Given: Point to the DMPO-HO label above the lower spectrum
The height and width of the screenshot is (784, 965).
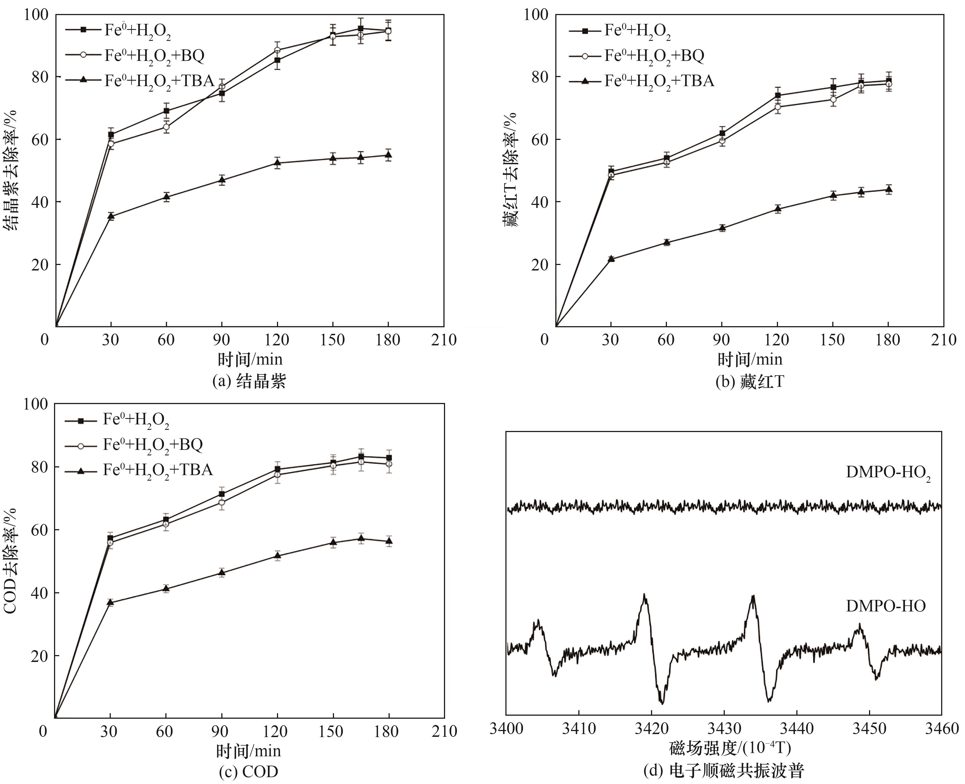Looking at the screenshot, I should tap(885, 606).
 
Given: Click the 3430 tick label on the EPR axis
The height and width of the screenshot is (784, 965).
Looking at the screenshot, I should tap(723, 729).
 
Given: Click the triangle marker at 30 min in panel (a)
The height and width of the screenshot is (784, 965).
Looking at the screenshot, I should tap(111, 216).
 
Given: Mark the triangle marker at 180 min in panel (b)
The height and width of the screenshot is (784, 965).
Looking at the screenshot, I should tap(888, 189).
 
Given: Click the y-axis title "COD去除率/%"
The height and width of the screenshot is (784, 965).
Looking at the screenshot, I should tap(10, 560).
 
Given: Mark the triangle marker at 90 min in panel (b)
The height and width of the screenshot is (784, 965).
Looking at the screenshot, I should tap(722, 228).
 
